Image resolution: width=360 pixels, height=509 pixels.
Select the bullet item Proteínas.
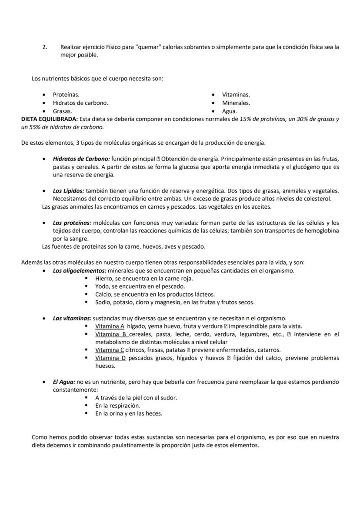tap(66, 94)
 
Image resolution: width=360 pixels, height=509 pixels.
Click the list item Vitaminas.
tap(236, 94)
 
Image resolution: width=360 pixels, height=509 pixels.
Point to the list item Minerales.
tap(236, 103)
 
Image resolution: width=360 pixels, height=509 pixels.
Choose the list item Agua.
tap(229, 111)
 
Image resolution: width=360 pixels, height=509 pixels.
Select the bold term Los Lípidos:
tap(68, 191)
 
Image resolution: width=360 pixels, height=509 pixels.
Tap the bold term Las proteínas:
tap(72, 223)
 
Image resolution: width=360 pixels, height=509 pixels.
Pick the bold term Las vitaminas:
tap(72, 318)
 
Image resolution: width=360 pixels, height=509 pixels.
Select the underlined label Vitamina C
tap(110, 350)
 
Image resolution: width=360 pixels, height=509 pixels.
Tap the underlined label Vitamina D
tap(110, 358)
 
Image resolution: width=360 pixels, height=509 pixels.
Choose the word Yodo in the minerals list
tap(103, 286)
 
